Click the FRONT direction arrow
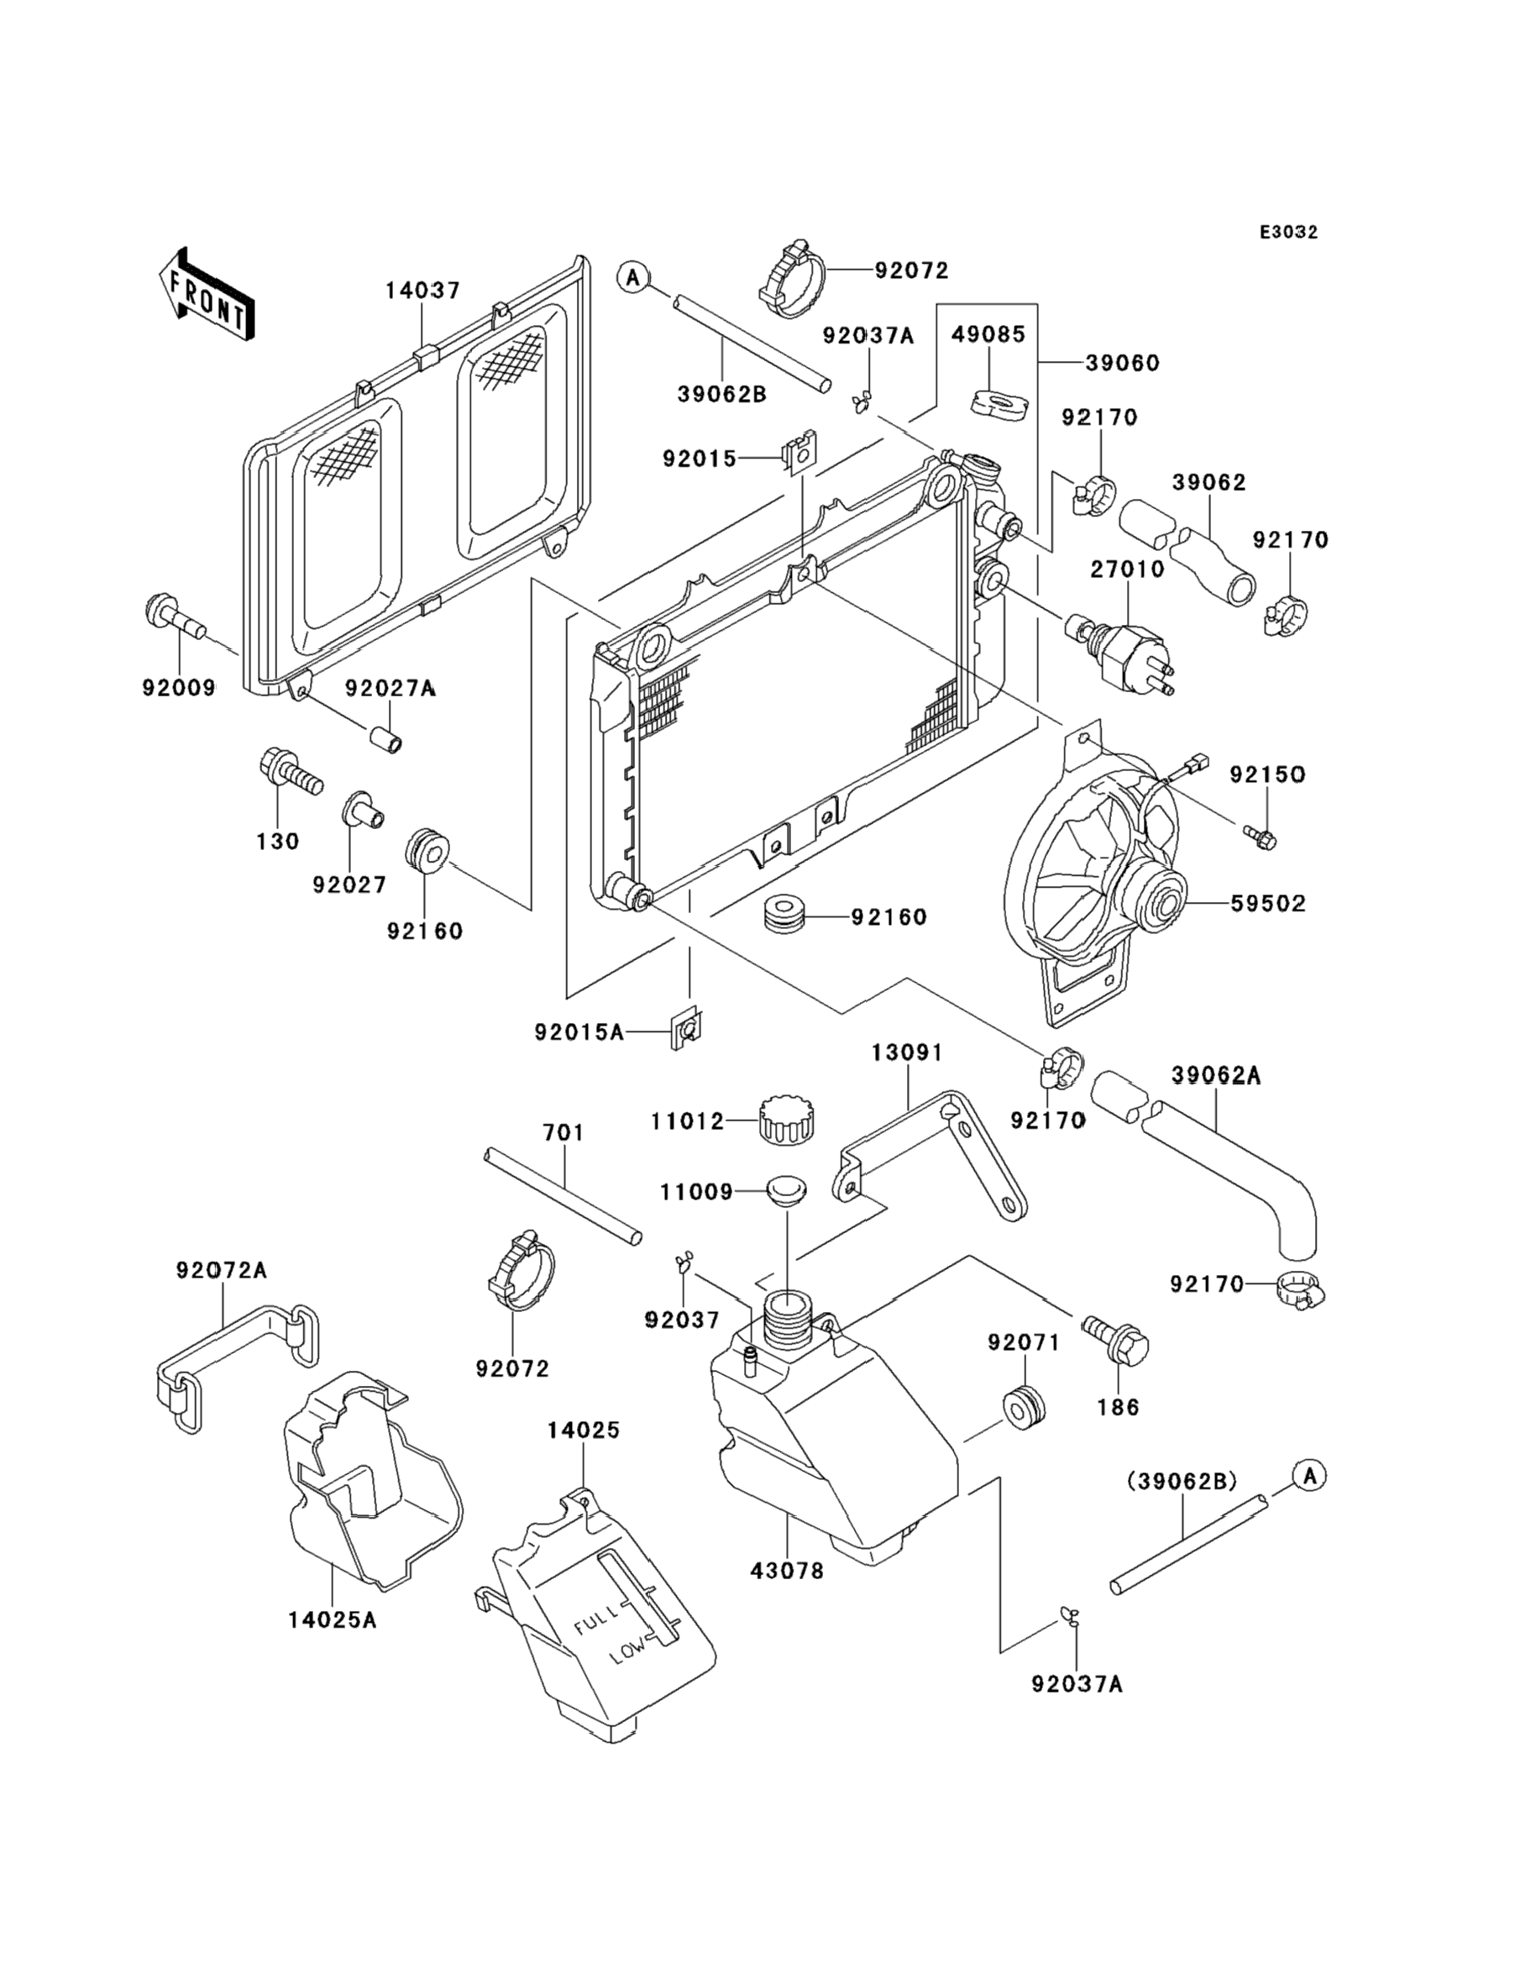coord(206,296)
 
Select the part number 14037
coord(423,291)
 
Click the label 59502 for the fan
coord(1268,904)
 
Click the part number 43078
coord(787,1571)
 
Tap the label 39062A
coord(1215,1075)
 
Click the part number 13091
coord(906,1052)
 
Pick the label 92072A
coord(222,1270)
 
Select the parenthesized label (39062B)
coord(1182,1481)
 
